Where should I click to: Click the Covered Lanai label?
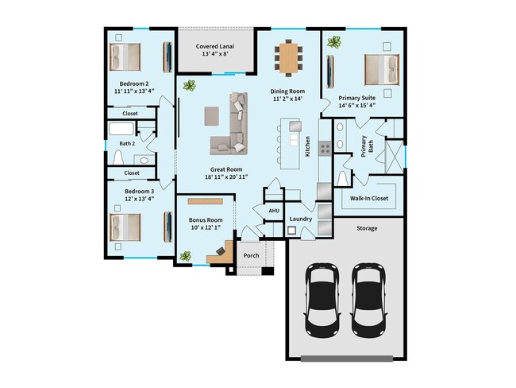(215, 47)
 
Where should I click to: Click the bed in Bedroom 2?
(125, 57)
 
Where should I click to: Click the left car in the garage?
(323, 298)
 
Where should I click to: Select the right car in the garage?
(368, 298)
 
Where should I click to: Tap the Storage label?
(366, 228)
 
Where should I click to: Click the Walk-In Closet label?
(369, 198)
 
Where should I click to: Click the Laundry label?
(300, 218)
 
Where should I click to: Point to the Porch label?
(251, 256)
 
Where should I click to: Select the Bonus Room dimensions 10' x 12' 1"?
(205, 228)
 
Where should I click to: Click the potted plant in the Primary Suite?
(335, 42)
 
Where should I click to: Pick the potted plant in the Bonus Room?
(185, 256)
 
